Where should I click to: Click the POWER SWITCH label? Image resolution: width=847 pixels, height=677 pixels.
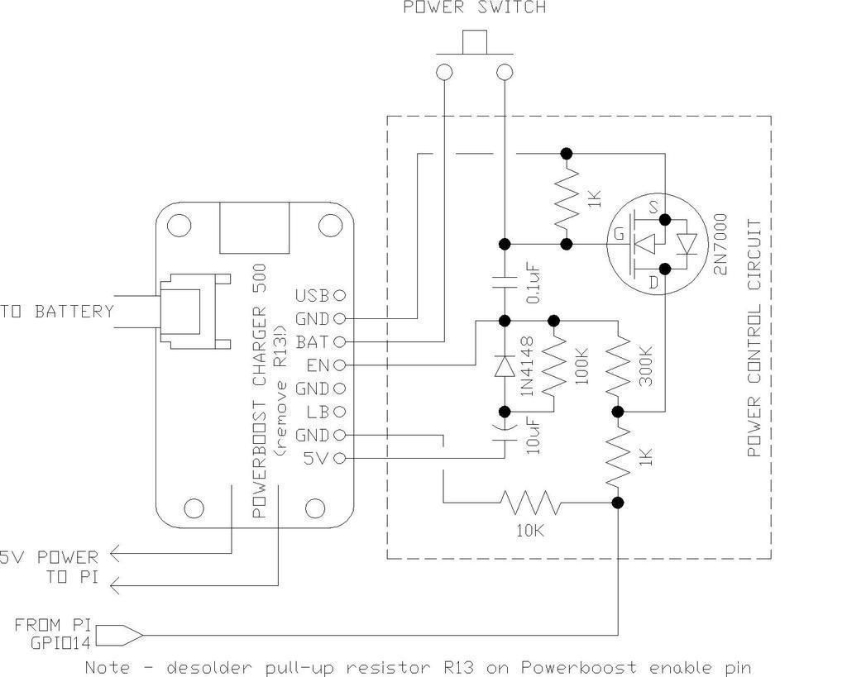tap(474, 7)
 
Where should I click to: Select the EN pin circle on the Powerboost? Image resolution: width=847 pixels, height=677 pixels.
tap(339, 365)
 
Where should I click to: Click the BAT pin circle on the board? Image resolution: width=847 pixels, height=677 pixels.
tap(339, 341)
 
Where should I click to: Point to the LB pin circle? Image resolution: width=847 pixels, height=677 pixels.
tap(339, 412)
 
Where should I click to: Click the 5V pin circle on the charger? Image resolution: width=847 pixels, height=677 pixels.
tap(339, 458)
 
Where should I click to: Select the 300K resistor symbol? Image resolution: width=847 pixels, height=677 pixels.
tap(617, 365)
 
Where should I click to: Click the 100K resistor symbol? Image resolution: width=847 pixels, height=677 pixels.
tap(554, 365)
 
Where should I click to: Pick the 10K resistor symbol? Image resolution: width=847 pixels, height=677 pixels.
tap(530, 502)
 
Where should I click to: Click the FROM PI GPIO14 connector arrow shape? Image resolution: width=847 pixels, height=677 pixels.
tap(121, 636)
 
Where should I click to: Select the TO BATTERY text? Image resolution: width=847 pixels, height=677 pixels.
tap(57, 312)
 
